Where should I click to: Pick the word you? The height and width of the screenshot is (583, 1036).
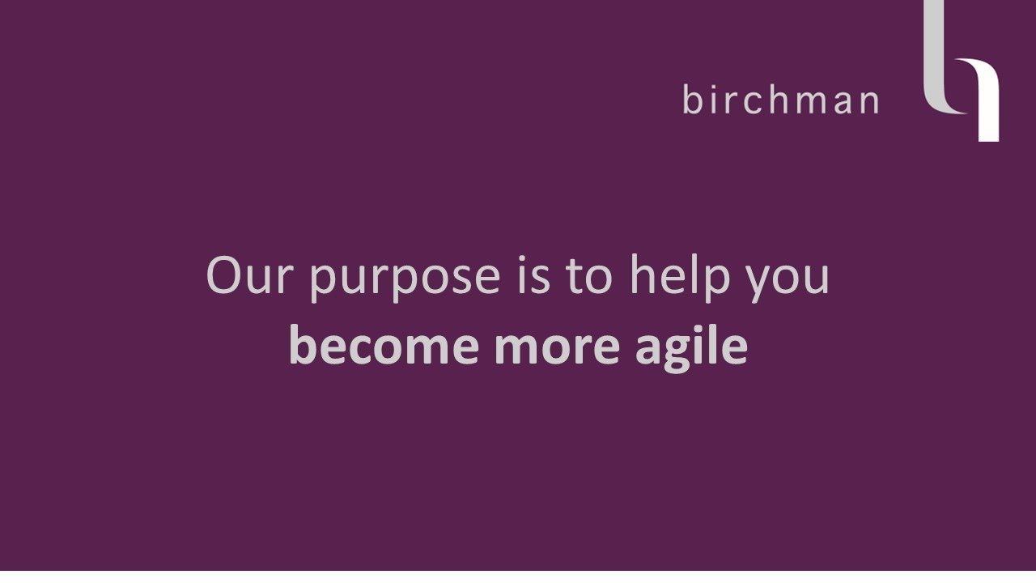click(788, 279)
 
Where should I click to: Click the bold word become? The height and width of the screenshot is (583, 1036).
click(384, 346)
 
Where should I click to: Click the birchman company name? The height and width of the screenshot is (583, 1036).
click(780, 100)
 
